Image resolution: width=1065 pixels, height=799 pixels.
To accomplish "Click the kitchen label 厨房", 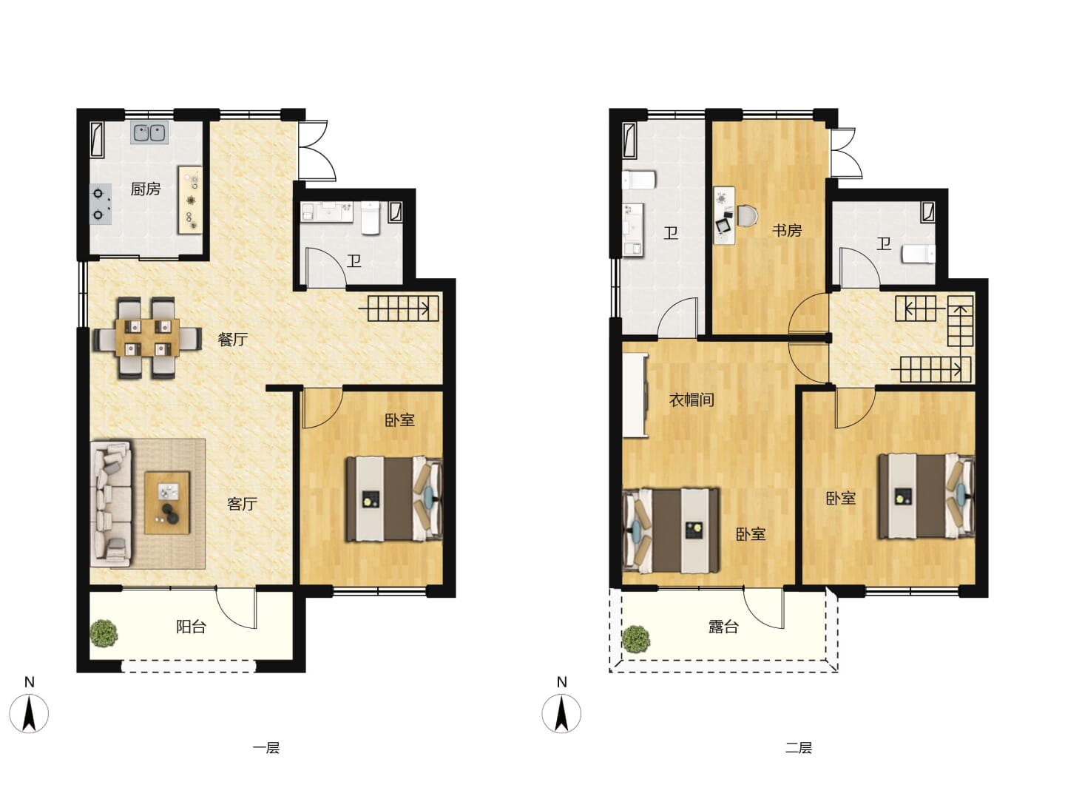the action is point(146,189).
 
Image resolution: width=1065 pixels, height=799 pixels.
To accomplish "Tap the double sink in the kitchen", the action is point(149,132).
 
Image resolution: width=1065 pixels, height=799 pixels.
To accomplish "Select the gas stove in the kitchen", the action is point(101,203).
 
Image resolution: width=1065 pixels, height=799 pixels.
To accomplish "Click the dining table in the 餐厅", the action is point(147,337).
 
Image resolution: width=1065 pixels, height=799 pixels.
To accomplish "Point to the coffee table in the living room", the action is point(167,502).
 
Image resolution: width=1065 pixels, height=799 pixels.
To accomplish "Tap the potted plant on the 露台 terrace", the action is point(636,639).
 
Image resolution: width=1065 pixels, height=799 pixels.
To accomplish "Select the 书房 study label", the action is point(786,230).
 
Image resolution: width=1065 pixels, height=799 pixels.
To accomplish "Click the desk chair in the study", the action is point(747,216).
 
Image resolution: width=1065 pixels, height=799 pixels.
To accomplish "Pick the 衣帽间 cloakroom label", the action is point(692,399).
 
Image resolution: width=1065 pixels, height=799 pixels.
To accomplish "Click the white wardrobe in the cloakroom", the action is point(635,395).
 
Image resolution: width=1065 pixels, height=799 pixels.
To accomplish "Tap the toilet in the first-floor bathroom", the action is point(371,218).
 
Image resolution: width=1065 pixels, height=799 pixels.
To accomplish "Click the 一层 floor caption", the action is point(266,747).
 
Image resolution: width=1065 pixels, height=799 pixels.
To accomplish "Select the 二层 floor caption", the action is point(799,747).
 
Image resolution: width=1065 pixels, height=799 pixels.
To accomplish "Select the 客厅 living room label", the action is point(242,504).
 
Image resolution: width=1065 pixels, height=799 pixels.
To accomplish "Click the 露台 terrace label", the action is point(723,627).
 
